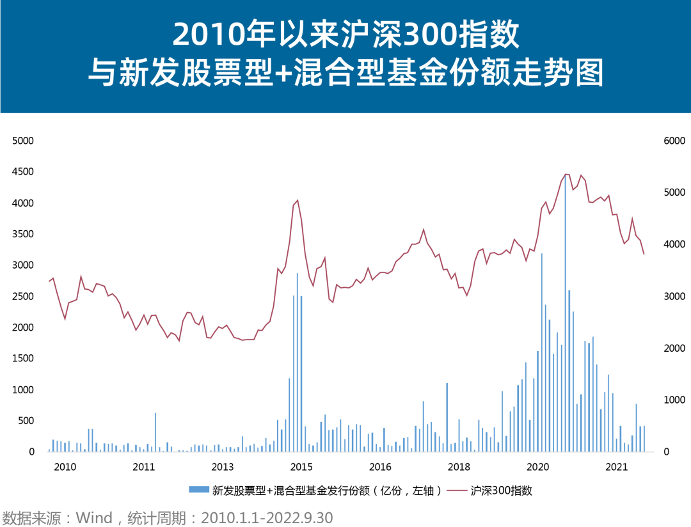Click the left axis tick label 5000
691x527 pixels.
[x=24, y=141]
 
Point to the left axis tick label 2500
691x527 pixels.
[x=24, y=297]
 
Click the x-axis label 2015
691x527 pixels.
[x=301, y=466]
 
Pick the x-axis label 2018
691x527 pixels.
[x=459, y=466]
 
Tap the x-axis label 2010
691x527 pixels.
[x=65, y=466]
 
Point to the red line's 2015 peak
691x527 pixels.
[x=298, y=201]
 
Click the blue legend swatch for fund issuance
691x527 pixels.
[x=198, y=491]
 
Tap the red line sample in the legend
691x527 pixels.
[x=456, y=491]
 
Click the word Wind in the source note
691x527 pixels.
[x=94, y=517]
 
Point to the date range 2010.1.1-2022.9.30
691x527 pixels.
[x=267, y=517]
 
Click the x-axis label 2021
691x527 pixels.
[x=616, y=466]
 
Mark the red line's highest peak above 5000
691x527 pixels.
[x=566, y=174]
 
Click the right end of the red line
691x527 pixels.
[x=644, y=254]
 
